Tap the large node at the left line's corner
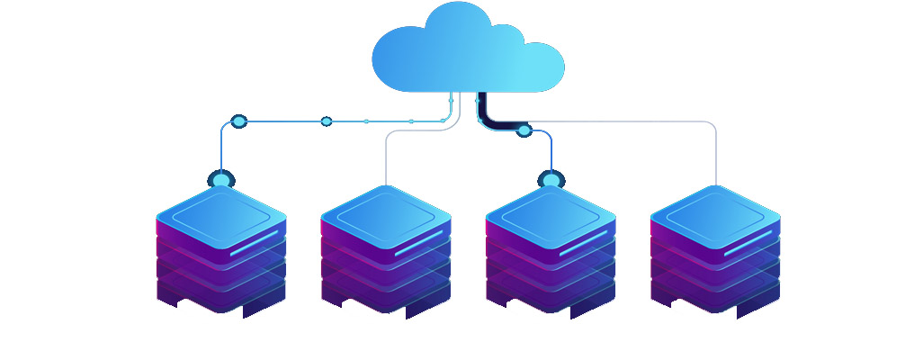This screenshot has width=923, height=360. (238, 121)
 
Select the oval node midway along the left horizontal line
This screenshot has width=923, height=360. (327, 121)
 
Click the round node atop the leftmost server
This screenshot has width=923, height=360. (221, 179)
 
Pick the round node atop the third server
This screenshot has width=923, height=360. (551, 179)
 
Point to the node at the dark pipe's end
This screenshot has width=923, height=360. (524, 131)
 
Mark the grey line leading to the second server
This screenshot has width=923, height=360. (386, 157)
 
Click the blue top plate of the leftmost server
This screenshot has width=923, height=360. (220, 211)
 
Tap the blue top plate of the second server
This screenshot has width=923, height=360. (385, 211)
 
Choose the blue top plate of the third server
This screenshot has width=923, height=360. (550, 211)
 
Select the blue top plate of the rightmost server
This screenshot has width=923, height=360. (714, 211)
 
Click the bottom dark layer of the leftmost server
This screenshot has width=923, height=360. (220, 297)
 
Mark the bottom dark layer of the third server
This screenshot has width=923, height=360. (550, 297)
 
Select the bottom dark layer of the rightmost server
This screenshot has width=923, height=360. (714, 297)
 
